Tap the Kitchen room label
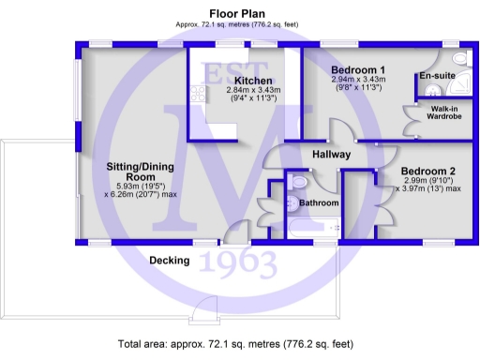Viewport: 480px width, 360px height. [x=254, y=80]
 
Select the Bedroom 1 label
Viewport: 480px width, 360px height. [x=358, y=70]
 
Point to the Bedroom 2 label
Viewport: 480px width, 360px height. [x=427, y=171]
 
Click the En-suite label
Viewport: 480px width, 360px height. [x=437, y=74]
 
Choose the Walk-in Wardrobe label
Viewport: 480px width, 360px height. [x=443, y=114]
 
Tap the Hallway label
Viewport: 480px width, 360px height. [x=331, y=155]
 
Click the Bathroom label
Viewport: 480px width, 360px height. [x=319, y=202]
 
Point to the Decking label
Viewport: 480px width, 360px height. [x=170, y=260]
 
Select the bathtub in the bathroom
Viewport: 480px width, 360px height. [x=309, y=228]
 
